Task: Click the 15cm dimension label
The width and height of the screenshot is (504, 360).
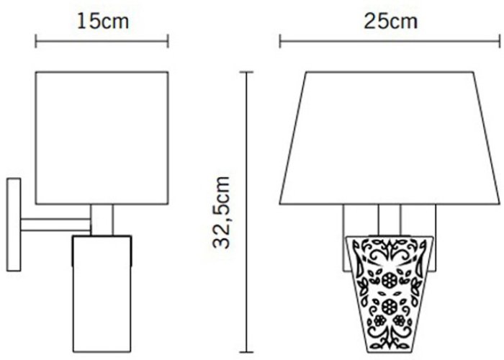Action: coord(103,22)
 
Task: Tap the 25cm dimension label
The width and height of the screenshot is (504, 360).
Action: coord(390,22)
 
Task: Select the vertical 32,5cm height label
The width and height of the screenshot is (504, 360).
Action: coord(222,212)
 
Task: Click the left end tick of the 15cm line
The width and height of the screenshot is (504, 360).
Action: coord(36,41)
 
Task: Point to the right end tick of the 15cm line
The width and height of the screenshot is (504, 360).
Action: coord(168,41)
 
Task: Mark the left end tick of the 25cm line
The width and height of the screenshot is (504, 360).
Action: coord(280,41)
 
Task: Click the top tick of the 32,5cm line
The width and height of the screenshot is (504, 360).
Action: coord(246,72)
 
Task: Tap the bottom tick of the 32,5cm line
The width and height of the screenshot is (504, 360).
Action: coord(246,352)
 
